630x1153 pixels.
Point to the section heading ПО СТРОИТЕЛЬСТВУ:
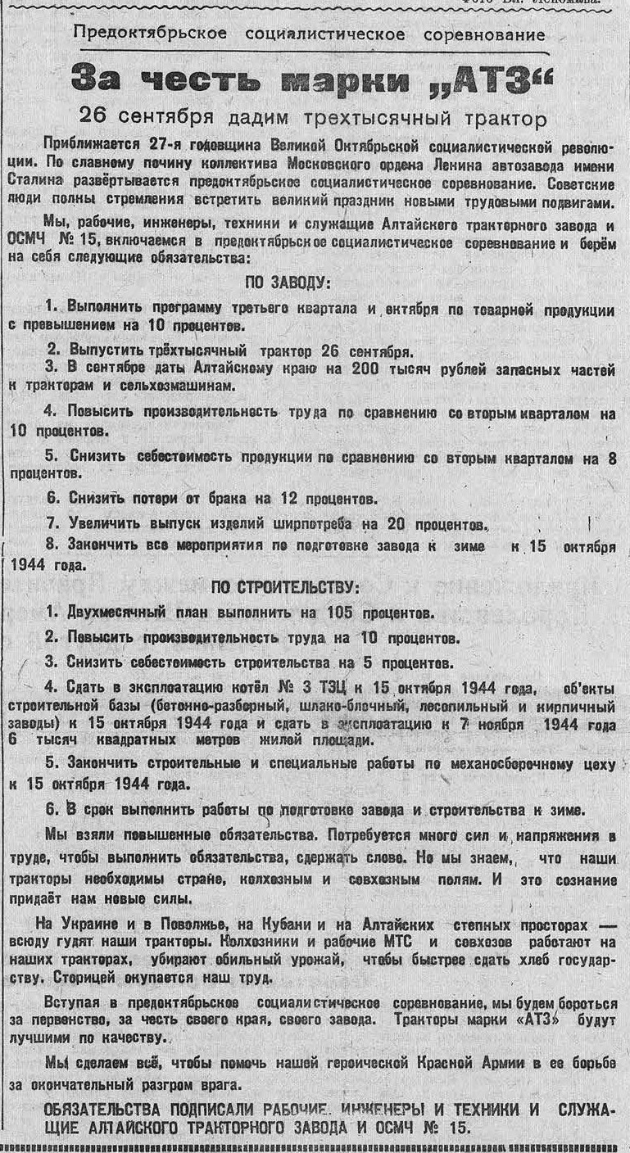(x=285, y=587)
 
